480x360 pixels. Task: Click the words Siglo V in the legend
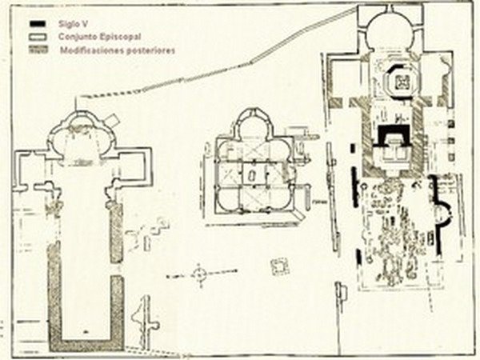73,24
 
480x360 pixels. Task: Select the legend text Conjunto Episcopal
100,37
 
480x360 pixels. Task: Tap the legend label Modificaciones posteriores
118,50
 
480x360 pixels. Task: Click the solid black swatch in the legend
38,23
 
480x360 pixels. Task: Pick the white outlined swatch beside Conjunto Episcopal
38,37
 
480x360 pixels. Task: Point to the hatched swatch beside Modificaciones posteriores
38,50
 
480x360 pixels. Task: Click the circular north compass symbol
199,274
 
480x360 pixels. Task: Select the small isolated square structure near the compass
280,266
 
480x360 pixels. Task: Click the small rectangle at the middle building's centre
252,175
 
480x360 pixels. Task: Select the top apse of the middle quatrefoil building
253,122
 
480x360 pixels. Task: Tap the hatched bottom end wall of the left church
86,346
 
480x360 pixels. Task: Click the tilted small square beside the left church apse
111,120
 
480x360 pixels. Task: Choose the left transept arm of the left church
33,170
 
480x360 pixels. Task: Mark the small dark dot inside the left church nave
86,331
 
